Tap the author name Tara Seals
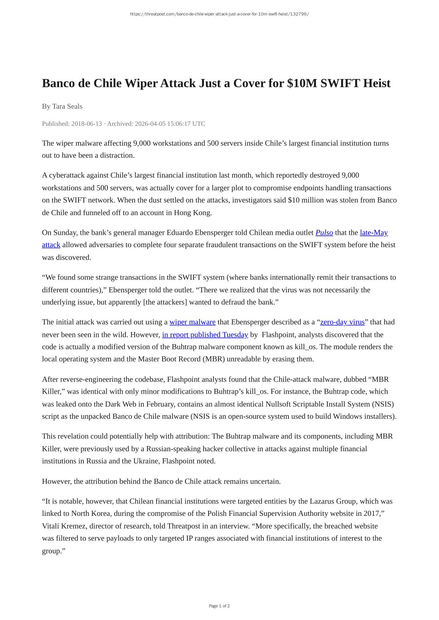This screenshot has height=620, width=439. (x=67, y=106)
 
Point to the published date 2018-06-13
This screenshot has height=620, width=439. (x=87, y=124)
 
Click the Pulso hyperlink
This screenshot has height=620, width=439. (x=324, y=233)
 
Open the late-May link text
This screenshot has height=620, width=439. (x=374, y=233)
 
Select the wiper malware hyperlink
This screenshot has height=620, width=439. (x=192, y=322)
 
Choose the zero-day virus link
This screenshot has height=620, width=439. (x=342, y=322)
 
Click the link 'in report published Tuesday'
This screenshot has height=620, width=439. (x=205, y=335)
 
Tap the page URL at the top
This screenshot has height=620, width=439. (x=219, y=14)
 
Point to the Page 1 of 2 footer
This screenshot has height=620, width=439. (x=219, y=606)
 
